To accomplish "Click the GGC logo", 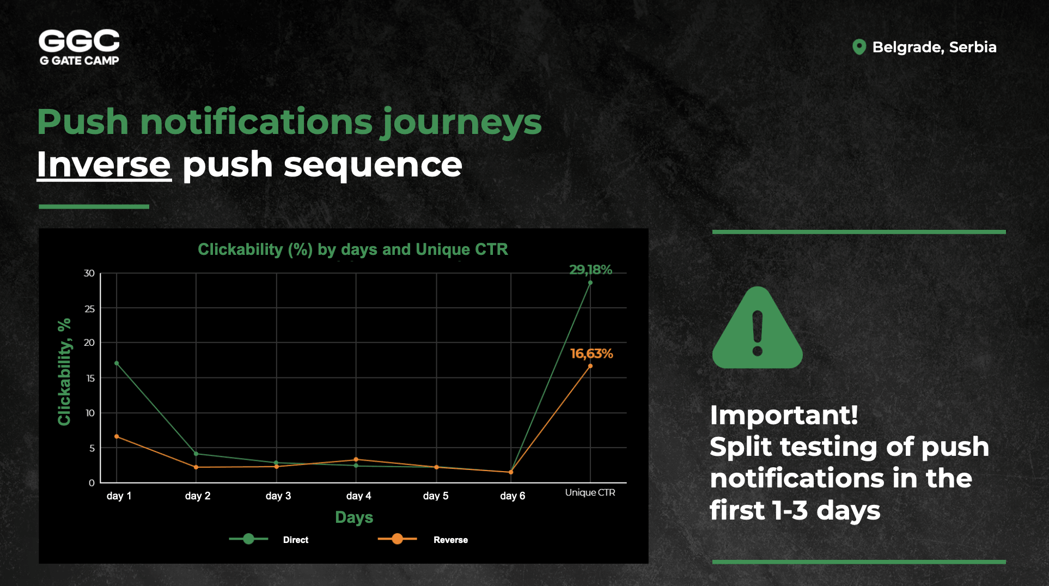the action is pyautogui.click(x=79, y=47).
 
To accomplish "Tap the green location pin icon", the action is pyautogui.click(x=859, y=47).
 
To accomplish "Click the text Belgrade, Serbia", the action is pyautogui.click(x=934, y=47).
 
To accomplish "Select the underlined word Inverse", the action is pyautogui.click(x=104, y=164).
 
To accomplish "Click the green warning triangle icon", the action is pyautogui.click(x=757, y=328).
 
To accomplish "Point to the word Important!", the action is pyautogui.click(x=784, y=415).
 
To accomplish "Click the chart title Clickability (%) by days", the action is pyautogui.click(x=353, y=249).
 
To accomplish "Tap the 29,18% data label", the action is pyautogui.click(x=590, y=270).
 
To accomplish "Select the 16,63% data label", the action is pyautogui.click(x=591, y=353).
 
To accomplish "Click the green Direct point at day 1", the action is pyautogui.click(x=117, y=363).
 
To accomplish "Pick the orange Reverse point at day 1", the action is pyautogui.click(x=117, y=437).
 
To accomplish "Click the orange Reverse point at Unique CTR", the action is pyautogui.click(x=590, y=366).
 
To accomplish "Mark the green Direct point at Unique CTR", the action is pyautogui.click(x=590, y=283).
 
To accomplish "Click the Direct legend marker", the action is pyautogui.click(x=248, y=539).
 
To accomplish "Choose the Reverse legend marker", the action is pyautogui.click(x=398, y=539).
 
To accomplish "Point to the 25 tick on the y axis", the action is pyautogui.click(x=89, y=309).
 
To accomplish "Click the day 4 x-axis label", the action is pyautogui.click(x=358, y=496).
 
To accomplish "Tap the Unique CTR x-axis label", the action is pyautogui.click(x=590, y=492).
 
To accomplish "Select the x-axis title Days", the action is pyautogui.click(x=354, y=517).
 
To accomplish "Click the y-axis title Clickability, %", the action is pyautogui.click(x=64, y=372).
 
